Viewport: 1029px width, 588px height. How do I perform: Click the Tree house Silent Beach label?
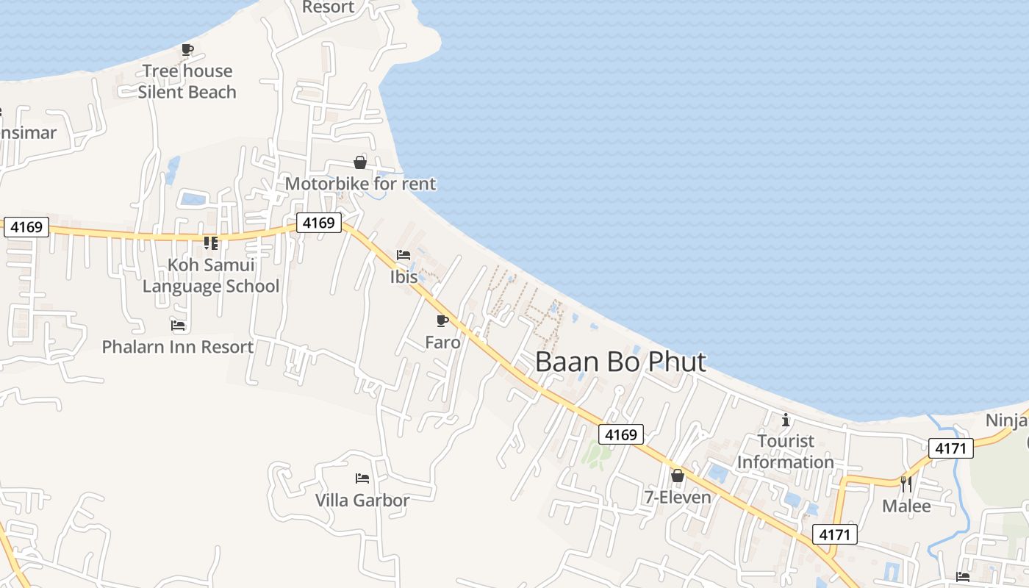[x=187, y=82]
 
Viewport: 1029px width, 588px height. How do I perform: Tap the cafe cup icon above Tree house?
[x=187, y=50]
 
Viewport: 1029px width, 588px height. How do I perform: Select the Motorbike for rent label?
[x=360, y=184]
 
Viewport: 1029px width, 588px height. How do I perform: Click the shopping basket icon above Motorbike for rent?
[x=360, y=162]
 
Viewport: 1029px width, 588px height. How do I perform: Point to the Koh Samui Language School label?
[x=211, y=276]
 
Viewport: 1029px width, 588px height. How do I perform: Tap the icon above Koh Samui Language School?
[x=211, y=243]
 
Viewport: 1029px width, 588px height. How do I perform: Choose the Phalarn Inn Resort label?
[x=178, y=347]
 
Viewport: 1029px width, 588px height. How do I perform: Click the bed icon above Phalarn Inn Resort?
[x=178, y=325]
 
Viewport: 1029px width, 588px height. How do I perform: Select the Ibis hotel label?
[x=404, y=277]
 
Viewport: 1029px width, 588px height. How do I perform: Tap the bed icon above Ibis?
[x=404, y=256]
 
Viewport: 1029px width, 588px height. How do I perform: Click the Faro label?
[x=442, y=343]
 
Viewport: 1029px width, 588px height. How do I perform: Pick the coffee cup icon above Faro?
[x=442, y=321]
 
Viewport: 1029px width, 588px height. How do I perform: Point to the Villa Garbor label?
[x=362, y=501]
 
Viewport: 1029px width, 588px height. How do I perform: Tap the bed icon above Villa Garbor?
[x=362, y=478]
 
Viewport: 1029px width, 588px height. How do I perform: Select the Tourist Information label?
[x=786, y=451]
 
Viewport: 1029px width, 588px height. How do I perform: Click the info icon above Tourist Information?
[x=786, y=420]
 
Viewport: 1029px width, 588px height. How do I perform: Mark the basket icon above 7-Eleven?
[x=678, y=476]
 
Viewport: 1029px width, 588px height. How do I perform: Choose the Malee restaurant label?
[x=906, y=506]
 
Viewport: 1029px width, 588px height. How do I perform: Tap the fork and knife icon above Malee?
[x=906, y=484]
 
